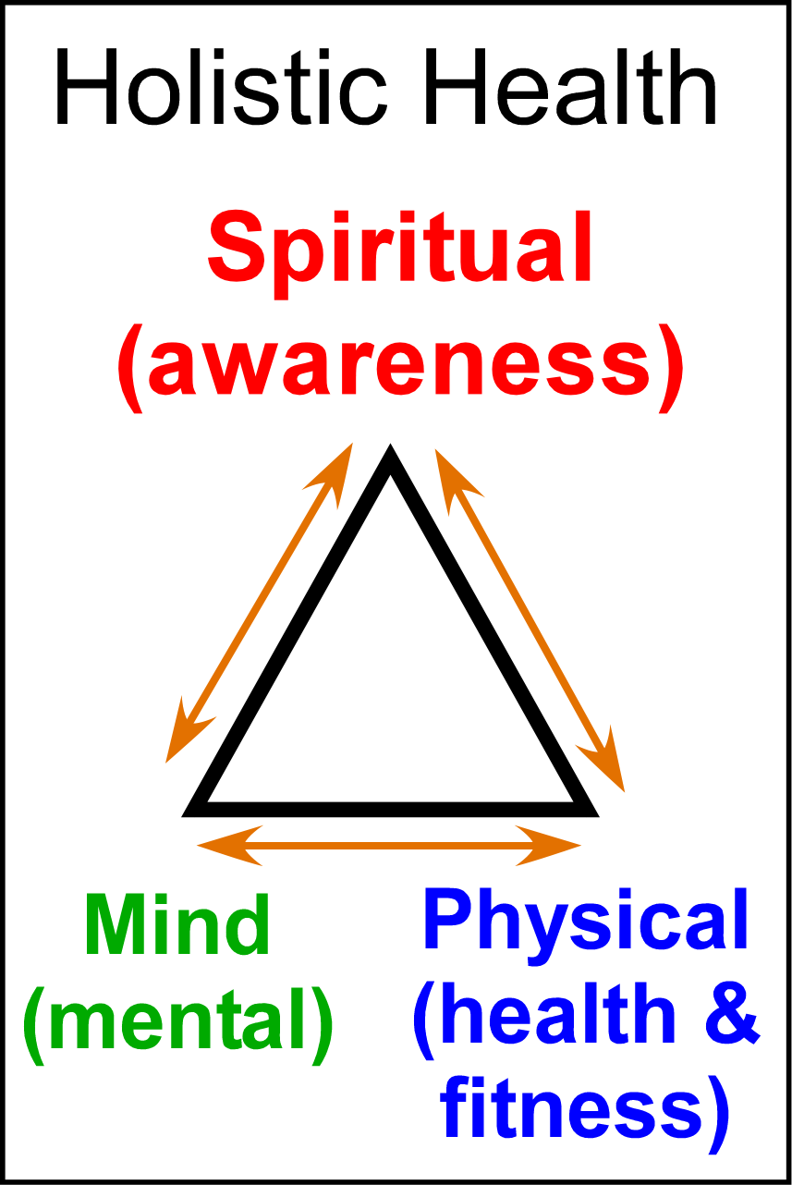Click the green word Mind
pyautogui.click(x=177, y=927)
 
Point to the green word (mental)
pyautogui.click(x=177, y=1021)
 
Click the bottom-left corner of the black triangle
pyautogui.click(x=192, y=811)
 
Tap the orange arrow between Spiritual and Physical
pyautogui.click(x=529, y=617)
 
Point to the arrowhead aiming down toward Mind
pyautogui.click(x=180, y=739)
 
